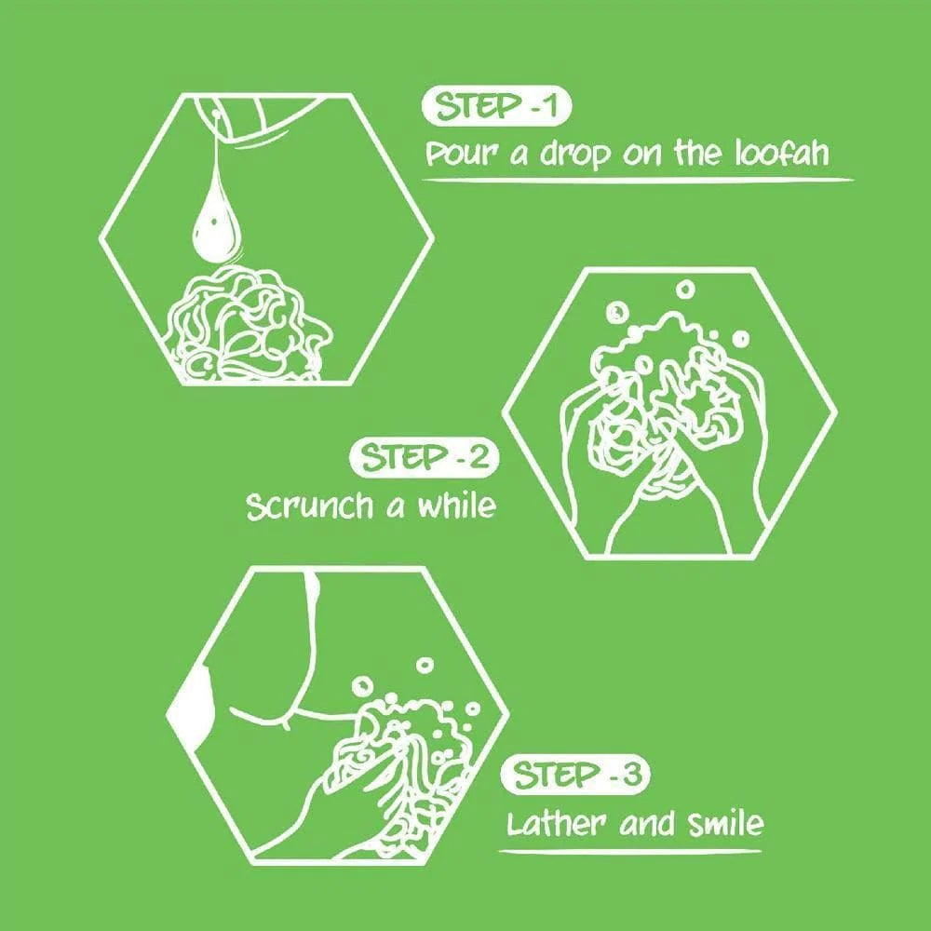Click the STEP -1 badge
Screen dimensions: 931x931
495,107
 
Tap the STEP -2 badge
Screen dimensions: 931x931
424,458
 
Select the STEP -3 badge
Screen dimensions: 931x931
574,776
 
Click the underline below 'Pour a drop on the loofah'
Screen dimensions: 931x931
639,180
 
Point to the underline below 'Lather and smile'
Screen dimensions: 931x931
629,852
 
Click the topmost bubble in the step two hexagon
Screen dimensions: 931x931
686,290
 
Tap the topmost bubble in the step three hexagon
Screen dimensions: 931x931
425,665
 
